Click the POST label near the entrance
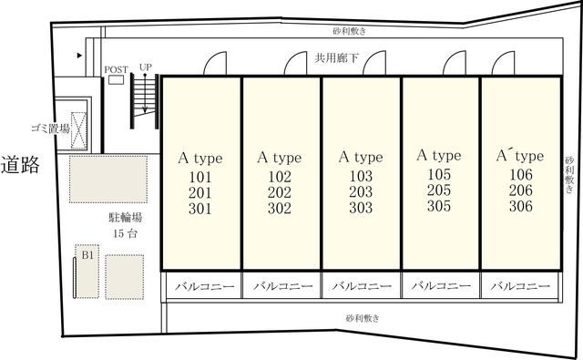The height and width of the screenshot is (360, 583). pos(116,69)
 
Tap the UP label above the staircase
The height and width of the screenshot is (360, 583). pos(145,67)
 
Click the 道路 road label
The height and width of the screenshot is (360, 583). pos(20,165)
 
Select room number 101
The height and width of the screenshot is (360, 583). pos(200,177)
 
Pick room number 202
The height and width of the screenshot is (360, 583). pos(281,192)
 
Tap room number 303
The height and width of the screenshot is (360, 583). pos(362,208)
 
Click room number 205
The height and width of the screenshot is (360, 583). pos(440,190)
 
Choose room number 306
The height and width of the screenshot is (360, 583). pos(520,206)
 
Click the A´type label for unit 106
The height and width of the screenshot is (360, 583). pos(519,156)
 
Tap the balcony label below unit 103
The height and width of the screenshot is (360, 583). pos(361,286)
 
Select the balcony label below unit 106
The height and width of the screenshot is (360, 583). pos(520,286)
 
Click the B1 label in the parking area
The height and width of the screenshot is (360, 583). pos(87,256)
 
